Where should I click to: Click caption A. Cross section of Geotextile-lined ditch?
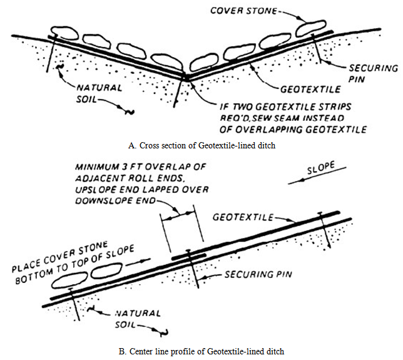[x=201, y=144]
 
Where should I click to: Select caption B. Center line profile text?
[x=202, y=349]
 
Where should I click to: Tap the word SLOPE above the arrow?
[x=319, y=170]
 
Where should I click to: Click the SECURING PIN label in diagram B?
[x=253, y=274]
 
